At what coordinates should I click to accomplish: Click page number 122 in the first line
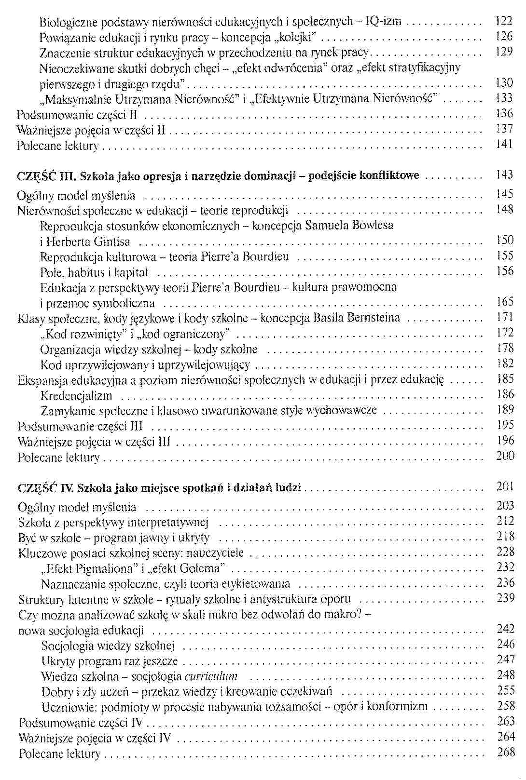click(504, 21)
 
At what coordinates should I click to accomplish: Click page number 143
click(504, 175)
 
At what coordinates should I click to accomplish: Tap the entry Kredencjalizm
click(76, 396)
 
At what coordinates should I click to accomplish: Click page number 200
click(505, 456)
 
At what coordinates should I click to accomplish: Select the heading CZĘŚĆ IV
click(45, 488)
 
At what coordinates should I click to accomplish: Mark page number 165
click(504, 302)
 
